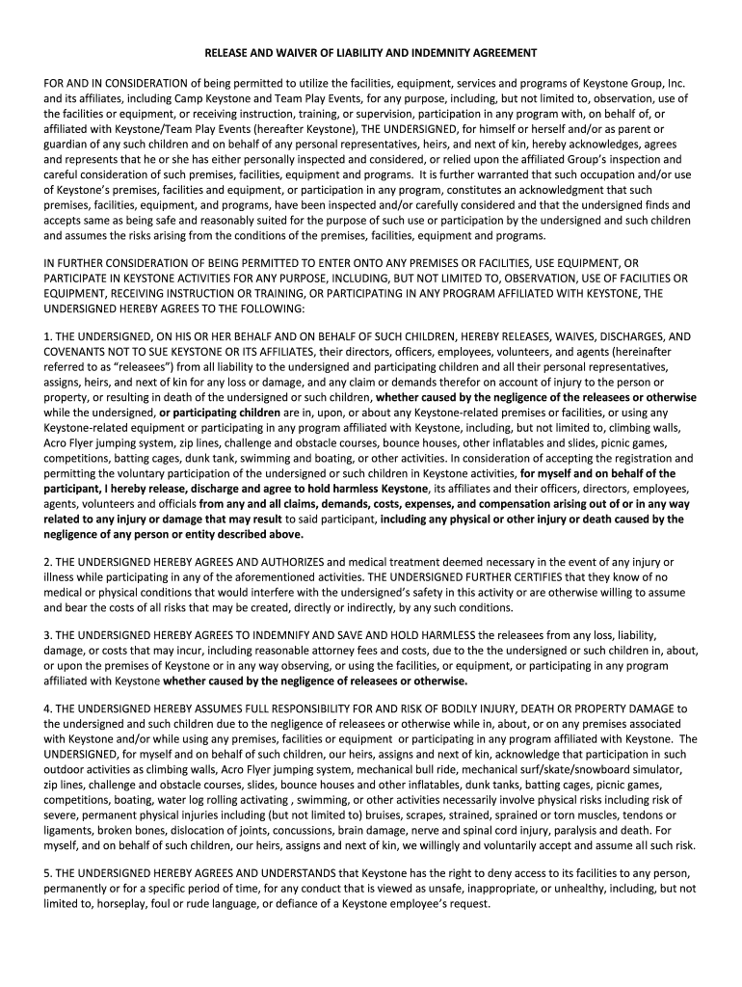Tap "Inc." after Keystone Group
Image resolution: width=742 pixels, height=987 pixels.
(x=675, y=83)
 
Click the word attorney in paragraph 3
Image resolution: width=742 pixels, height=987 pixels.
(x=344, y=651)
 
